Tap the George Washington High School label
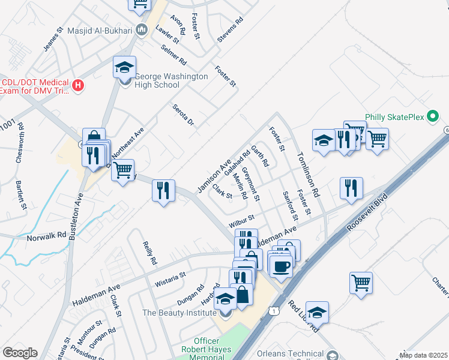[171, 81]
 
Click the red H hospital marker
[77, 86]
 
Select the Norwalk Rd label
[46, 237]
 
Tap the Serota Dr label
[184, 115]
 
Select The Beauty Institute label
[178, 313]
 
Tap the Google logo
[19, 353]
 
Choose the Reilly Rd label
[149, 253]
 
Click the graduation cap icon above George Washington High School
[124, 67]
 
